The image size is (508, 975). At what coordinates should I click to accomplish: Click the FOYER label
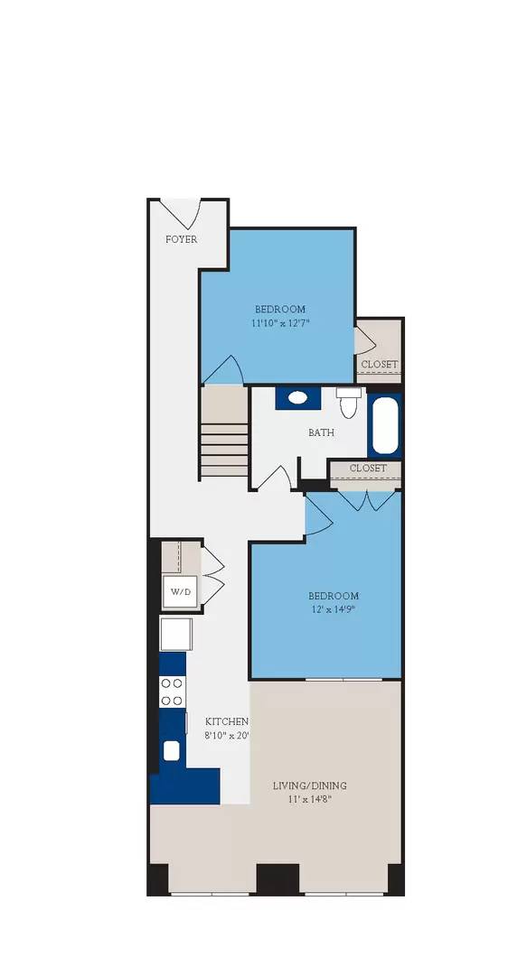click(x=181, y=239)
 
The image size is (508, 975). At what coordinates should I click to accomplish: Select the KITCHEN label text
click(x=226, y=721)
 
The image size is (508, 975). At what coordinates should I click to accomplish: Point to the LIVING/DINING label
click(x=309, y=785)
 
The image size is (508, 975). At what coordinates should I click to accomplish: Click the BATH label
click(x=321, y=432)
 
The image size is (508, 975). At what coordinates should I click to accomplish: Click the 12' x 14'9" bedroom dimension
click(x=333, y=609)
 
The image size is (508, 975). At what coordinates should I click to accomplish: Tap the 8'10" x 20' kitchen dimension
click(x=226, y=735)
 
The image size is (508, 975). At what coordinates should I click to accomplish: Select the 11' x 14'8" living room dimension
click(x=309, y=799)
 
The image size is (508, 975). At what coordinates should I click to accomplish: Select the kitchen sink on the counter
click(x=171, y=749)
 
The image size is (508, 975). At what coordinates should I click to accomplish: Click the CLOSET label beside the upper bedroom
click(x=379, y=365)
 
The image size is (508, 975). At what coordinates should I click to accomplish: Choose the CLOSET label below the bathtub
click(x=367, y=469)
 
